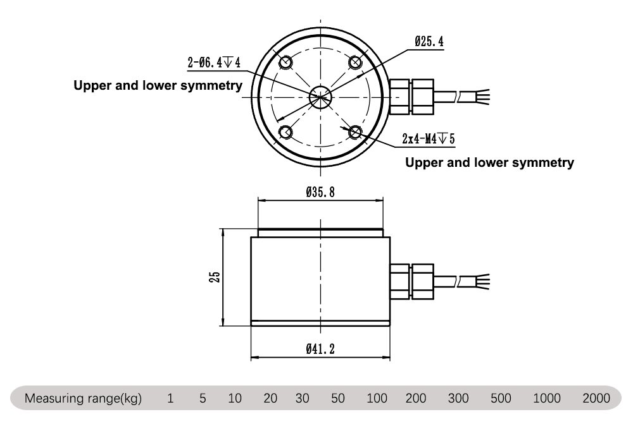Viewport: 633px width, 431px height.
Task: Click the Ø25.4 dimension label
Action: [x=430, y=42]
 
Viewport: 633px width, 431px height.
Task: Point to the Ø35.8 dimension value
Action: [x=320, y=191]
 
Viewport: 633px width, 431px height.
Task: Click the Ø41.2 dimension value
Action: [x=320, y=349]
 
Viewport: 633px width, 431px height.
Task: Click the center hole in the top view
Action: [x=320, y=96]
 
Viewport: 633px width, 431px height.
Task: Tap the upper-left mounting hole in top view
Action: [x=285, y=62]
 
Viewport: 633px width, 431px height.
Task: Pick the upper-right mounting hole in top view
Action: [x=354, y=62]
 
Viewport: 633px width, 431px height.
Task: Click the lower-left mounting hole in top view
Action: [x=285, y=131]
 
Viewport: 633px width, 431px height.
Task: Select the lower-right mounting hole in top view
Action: [x=354, y=131]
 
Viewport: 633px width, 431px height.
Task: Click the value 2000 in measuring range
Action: [x=596, y=399]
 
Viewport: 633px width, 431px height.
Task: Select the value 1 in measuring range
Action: [x=170, y=399]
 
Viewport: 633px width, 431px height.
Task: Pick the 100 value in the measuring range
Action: [x=377, y=399]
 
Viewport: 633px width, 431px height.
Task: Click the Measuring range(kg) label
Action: [x=83, y=399]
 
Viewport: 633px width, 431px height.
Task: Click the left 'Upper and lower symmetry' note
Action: [x=158, y=86]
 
